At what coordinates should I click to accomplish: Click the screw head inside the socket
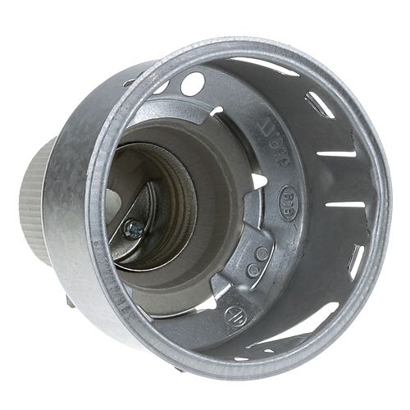[x=132, y=230]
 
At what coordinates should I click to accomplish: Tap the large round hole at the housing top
[x=194, y=83]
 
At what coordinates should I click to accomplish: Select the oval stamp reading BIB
[x=267, y=199]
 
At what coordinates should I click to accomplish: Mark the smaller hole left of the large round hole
[x=162, y=87]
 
